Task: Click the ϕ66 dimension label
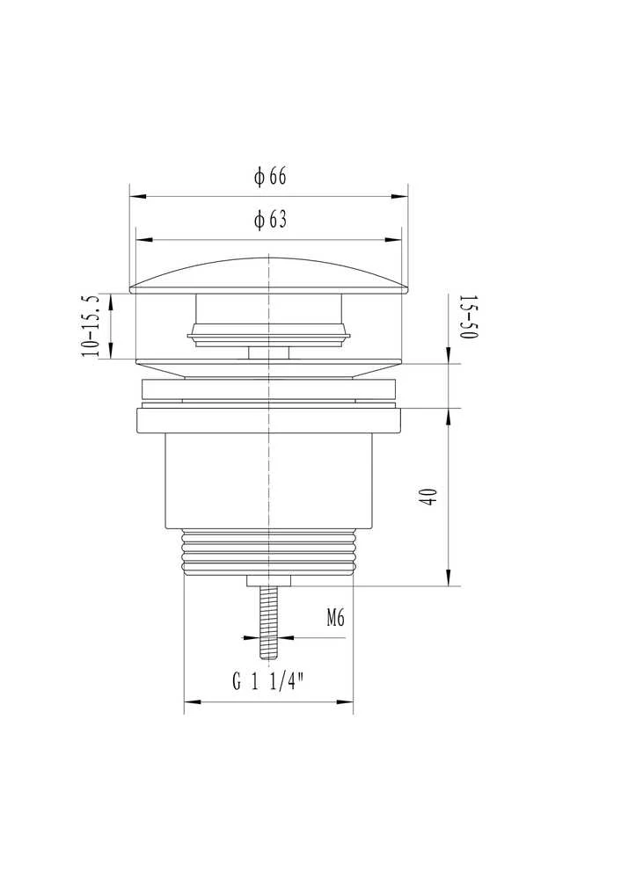point(270,176)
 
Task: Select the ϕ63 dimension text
point(270,219)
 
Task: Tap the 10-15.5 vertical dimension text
point(91,326)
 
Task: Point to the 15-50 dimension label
point(469,316)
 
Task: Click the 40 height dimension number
point(429,498)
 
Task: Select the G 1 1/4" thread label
point(268,681)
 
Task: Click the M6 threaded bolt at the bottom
point(268,622)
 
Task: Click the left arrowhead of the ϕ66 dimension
point(138,196)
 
